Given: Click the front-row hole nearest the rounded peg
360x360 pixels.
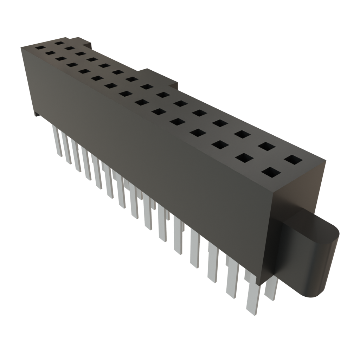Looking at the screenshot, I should point(271,172).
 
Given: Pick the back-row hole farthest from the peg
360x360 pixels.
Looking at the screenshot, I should point(59,43).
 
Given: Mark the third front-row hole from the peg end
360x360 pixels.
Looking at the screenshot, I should point(219,144).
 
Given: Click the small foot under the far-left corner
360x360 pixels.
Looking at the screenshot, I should point(37,114).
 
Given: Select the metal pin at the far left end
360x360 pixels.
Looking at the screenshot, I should point(57,141).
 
